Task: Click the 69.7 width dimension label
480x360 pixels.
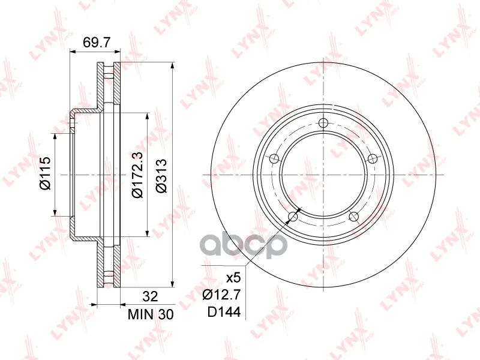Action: [96, 42]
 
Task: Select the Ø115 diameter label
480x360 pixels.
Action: [44, 173]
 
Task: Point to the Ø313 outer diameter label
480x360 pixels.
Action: [161, 176]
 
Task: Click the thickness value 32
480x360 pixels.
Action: [151, 296]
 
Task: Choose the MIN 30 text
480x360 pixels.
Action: [151, 314]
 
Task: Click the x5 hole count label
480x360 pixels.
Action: [233, 278]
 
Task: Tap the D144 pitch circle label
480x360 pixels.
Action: [224, 312]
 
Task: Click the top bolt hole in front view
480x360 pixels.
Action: [323, 123]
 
